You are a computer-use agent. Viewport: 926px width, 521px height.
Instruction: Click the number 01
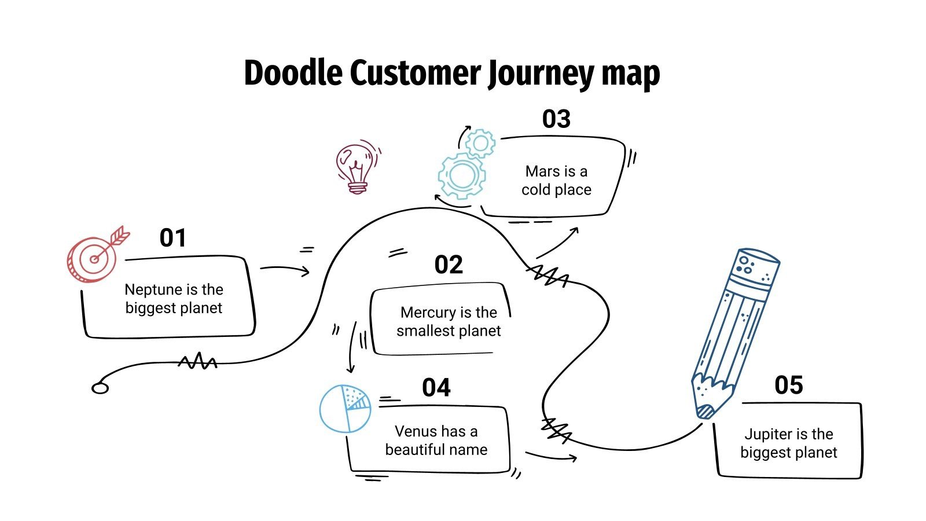(x=172, y=238)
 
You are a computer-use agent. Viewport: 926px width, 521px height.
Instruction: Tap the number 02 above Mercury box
(x=449, y=265)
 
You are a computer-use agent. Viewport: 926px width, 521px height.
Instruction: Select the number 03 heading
(x=556, y=119)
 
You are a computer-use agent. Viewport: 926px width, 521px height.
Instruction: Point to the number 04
(x=436, y=388)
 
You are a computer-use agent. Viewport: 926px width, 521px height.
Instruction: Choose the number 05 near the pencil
(x=788, y=386)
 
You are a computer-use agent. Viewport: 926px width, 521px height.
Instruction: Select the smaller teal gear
(x=480, y=143)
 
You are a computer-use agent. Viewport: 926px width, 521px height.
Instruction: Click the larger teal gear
(x=461, y=175)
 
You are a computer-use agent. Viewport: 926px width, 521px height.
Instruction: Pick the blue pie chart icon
(x=346, y=409)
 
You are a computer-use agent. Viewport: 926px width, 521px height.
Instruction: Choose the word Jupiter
(x=768, y=434)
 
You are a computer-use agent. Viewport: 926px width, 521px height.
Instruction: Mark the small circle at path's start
(x=100, y=388)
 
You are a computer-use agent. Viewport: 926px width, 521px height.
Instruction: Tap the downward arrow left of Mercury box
(x=352, y=347)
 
